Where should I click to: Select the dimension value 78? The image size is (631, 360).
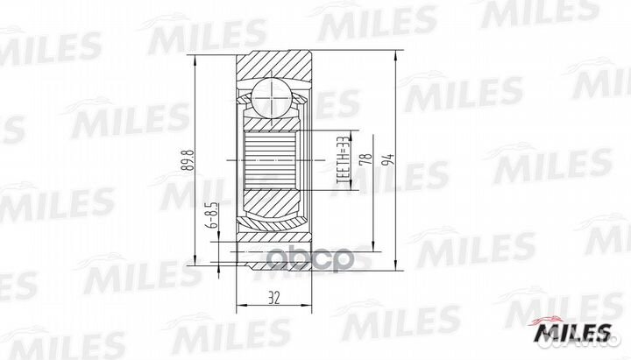pos(367,161)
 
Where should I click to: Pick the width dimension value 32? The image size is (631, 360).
pos(276,298)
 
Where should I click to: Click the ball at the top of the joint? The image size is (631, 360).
pos(273,94)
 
